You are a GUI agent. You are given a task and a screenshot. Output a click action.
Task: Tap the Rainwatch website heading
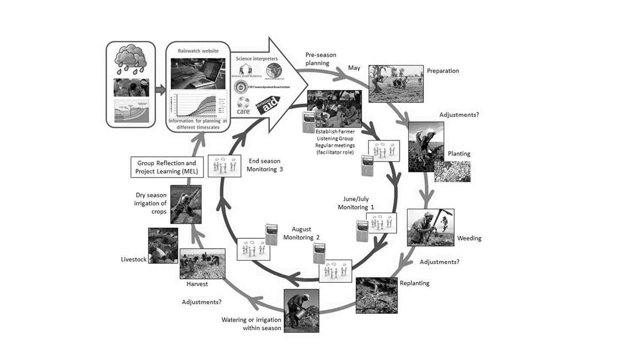coord(198,50)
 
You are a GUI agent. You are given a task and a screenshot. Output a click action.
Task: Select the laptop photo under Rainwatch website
coord(198,73)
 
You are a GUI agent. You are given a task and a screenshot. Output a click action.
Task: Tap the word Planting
coord(459,153)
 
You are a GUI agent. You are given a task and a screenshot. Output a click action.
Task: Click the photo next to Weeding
coord(430,227)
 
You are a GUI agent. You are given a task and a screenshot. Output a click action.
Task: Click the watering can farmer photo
coord(301,310)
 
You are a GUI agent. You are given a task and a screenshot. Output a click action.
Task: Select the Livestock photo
coord(163,245)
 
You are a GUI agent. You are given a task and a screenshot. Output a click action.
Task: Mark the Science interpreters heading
coord(256,59)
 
